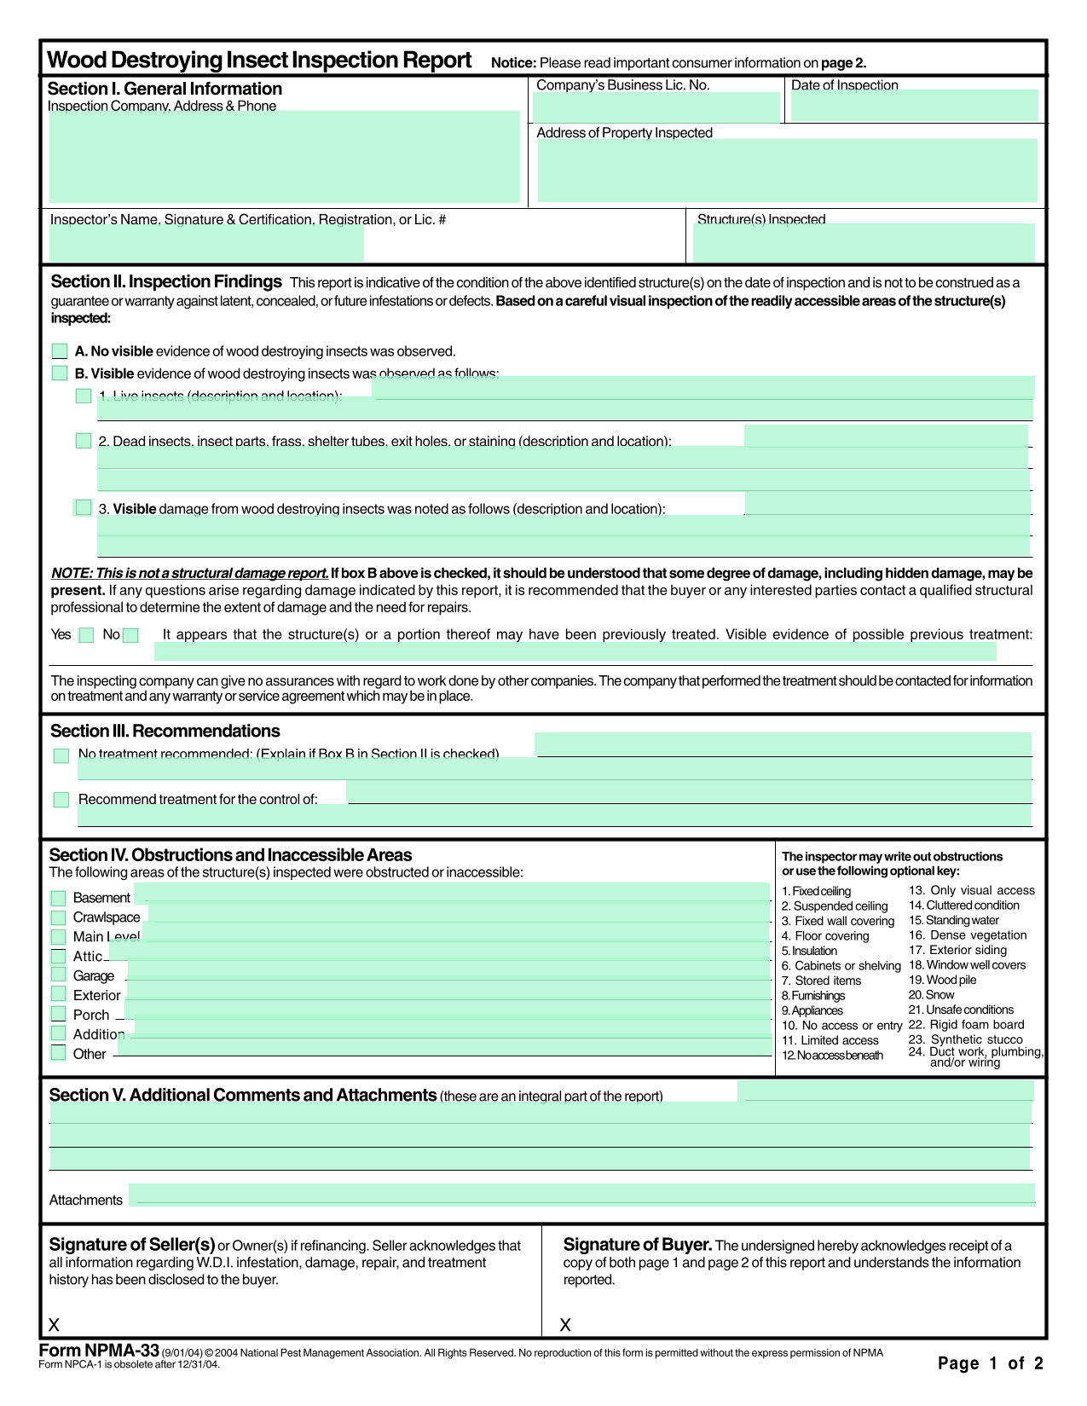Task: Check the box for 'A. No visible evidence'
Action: pyautogui.click(x=60, y=351)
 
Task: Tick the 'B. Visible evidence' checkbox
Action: pyautogui.click(x=60, y=373)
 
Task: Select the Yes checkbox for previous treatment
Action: pyautogui.click(x=86, y=635)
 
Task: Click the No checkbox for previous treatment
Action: pyautogui.click(x=130, y=635)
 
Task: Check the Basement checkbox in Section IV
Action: pyautogui.click(x=58, y=899)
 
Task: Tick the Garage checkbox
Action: pyautogui.click(x=58, y=975)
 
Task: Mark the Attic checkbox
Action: pyautogui.click(x=58, y=957)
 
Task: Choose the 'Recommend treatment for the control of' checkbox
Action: pyautogui.click(x=61, y=800)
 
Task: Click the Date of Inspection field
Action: pyautogui.click(x=914, y=106)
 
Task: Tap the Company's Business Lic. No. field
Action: pyautogui.click(x=656, y=107)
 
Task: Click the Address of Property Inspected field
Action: pyautogui.click(x=787, y=171)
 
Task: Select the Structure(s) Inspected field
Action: pyautogui.click(x=863, y=243)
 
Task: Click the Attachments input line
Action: pyautogui.click(x=581, y=1195)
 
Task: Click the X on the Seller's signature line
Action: pyautogui.click(x=54, y=1325)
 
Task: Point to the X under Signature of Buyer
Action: pyautogui.click(x=565, y=1325)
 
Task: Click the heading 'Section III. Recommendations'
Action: pyautogui.click(x=165, y=732)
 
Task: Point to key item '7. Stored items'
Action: pyautogui.click(x=821, y=981)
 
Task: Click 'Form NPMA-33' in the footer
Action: pyautogui.click(x=99, y=1351)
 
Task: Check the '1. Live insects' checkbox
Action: pyautogui.click(x=84, y=396)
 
